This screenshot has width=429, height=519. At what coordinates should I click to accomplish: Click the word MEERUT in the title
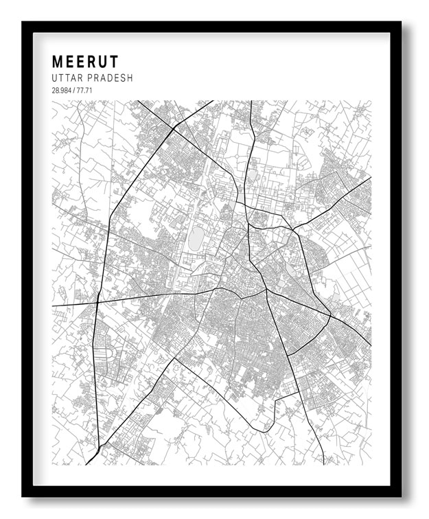tap(85, 61)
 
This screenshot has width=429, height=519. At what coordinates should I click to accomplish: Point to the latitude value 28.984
tap(61, 91)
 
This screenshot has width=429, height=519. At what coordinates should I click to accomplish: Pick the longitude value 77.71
tap(85, 91)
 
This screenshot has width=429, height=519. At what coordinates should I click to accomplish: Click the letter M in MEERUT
tap(58, 61)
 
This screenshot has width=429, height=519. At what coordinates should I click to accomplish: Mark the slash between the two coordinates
tap(74, 91)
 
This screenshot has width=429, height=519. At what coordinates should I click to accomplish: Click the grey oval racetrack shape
tap(196, 239)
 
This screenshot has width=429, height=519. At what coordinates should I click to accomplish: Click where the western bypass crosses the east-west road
tap(98, 301)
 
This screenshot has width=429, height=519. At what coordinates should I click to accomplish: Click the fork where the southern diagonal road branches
tap(174, 358)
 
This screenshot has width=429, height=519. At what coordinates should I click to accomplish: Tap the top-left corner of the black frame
tap(23, 23)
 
